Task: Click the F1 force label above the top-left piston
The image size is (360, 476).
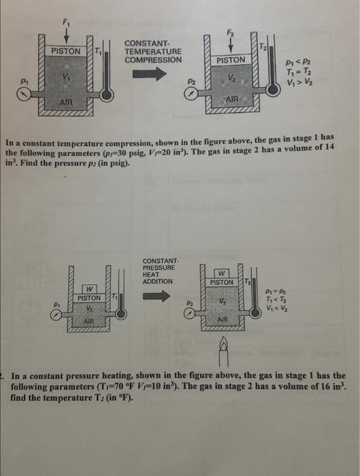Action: click(65, 22)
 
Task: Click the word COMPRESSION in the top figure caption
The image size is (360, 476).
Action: click(153, 59)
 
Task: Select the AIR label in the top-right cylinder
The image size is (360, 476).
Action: click(231, 99)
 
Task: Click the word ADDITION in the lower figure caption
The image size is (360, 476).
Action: click(158, 281)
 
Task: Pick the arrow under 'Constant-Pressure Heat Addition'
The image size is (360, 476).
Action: click(157, 296)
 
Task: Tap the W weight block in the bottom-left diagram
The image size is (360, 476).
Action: click(88, 288)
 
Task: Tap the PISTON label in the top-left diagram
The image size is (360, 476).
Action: click(67, 51)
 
